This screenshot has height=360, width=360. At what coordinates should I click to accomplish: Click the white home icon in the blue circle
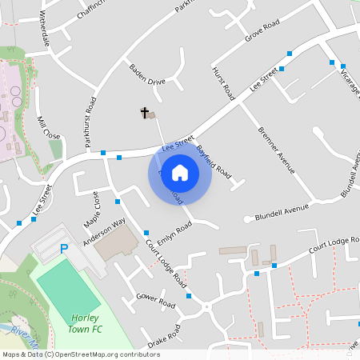pyautogui.click(x=180, y=173)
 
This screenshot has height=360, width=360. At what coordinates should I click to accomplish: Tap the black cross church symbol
pyautogui.click(x=146, y=113)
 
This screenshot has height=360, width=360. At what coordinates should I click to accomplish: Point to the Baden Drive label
pyautogui.click(x=146, y=74)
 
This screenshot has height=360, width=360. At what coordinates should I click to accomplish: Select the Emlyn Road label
pyautogui.click(x=174, y=233)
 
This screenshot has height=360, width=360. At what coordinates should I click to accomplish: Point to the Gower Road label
pyautogui.click(x=155, y=301)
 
